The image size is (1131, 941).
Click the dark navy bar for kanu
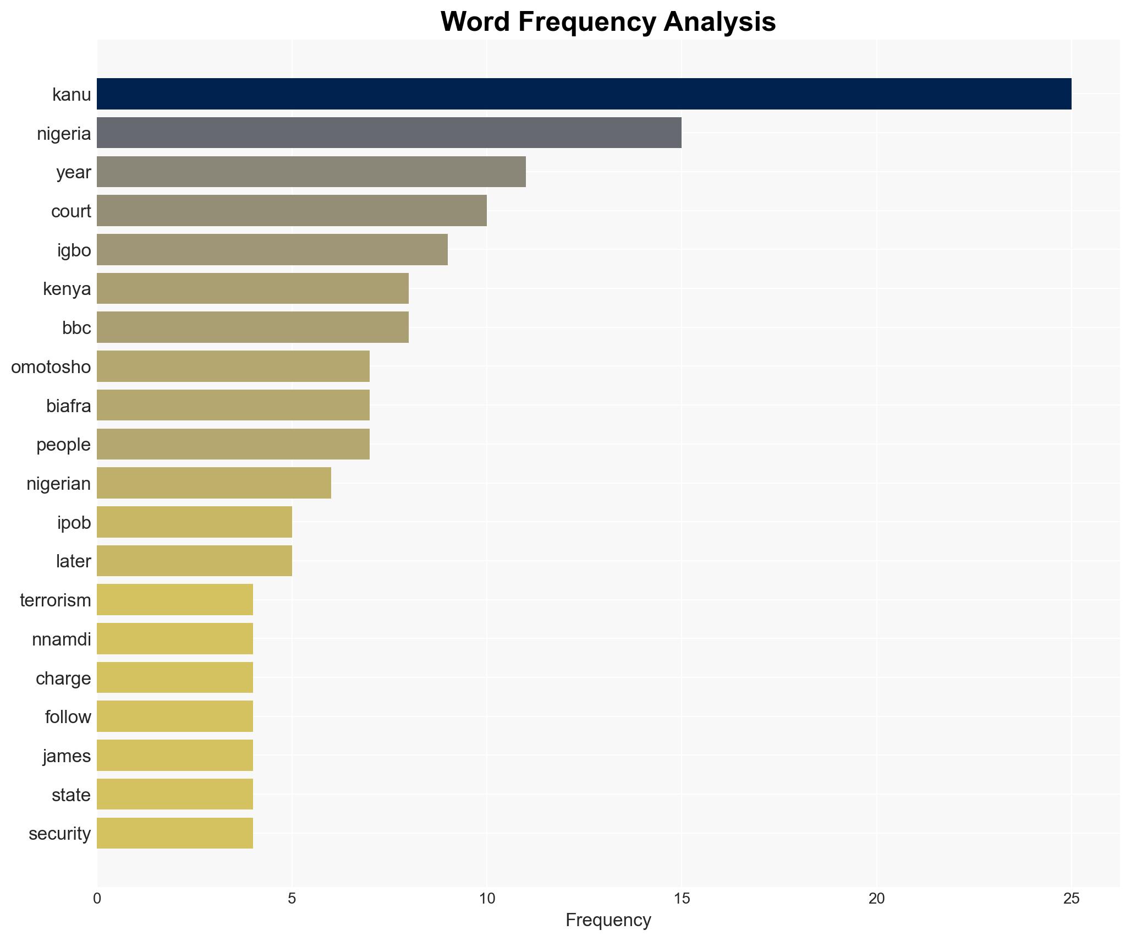click(x=584, y=94)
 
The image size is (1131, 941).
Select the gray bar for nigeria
click(x=389, y=133)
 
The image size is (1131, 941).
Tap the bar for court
click(x=292, y=211)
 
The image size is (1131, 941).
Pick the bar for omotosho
click(x=233, y=366)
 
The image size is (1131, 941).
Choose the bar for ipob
click(x=194, y=522)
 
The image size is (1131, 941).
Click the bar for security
click(x=175, y=833)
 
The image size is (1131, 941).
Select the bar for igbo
click(x=272, y=250)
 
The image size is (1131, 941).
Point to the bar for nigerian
click(x=214, y=483)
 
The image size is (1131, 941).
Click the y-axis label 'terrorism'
click(x=56, y=600)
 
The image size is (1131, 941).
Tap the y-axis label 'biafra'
click(x=69, y=406)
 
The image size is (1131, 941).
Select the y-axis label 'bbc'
click(x=76, y=328)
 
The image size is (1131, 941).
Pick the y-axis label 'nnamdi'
click(x=62, y=639)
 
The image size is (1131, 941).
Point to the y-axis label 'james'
click(x=67, y=756)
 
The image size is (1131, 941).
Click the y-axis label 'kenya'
click(x=67, y=289)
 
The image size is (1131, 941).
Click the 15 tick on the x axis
click(x=682, y=899)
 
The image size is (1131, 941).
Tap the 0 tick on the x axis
click(x=97, y=899)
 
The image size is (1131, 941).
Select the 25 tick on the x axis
click(x=1071, y=899)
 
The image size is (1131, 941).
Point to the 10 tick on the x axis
click(x=487, y=899)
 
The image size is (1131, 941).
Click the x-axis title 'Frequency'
click(x=608, y=920)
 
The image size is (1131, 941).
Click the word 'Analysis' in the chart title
click(x=719, y=22)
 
